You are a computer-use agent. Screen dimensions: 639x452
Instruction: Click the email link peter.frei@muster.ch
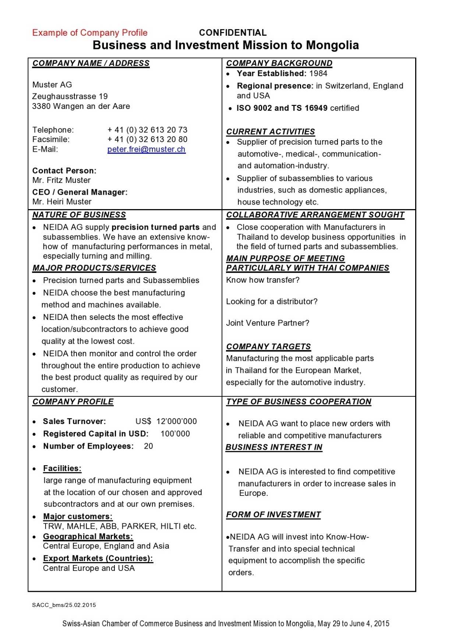pyautogui.click(x=146, y=149)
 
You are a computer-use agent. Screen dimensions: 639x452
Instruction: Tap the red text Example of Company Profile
pyautogui.click(x=90, y=33)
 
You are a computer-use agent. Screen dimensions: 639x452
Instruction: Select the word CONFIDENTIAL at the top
pyautogui.click(x=233, y=33)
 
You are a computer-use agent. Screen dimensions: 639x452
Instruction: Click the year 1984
pyautogui.click(x=318, y=74)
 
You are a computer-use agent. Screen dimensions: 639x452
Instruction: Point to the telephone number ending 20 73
pyautogui.click(x=147, y=130)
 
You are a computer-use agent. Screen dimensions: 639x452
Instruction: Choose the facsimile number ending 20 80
pyautogui.click(x=147, y=140)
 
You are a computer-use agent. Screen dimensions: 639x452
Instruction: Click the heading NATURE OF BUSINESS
pyautogui.click(x=79, y=215)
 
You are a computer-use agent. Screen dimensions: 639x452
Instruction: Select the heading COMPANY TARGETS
pyautogui.click(x=268, y=347)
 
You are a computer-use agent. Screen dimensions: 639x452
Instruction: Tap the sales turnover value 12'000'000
pyautogui.click(x=176, y=421)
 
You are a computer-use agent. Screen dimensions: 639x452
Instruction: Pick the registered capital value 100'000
pyautogui.click(x=175, y=434)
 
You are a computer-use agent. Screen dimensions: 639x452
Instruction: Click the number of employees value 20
pyautogui.click(x=148, y=446)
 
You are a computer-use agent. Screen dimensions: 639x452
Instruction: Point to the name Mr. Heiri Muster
pyautogui.click(x=62, y=202)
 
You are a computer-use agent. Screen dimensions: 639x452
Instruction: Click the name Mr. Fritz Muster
pyautogui.click(x=61, y=180)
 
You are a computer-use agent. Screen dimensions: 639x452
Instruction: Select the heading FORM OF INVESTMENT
pyautogui.click(x=273, y=515)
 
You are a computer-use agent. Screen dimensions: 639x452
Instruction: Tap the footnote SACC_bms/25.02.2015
pyautogui.click(x=64, y=605)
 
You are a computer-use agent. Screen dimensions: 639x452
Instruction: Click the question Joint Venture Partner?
pyautogui.click(x=268, y=323)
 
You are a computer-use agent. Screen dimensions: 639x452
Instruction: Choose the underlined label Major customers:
pyautogui.click(x=78, y=516)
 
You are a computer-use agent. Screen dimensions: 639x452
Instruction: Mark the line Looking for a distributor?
pyautogui.click(x=272, y=302)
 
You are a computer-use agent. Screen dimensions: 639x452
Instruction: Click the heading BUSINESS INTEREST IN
pyautogui.click(x=274, y=447)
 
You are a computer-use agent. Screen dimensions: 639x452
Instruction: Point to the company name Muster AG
pyautogui.click(x=52, y=85)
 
